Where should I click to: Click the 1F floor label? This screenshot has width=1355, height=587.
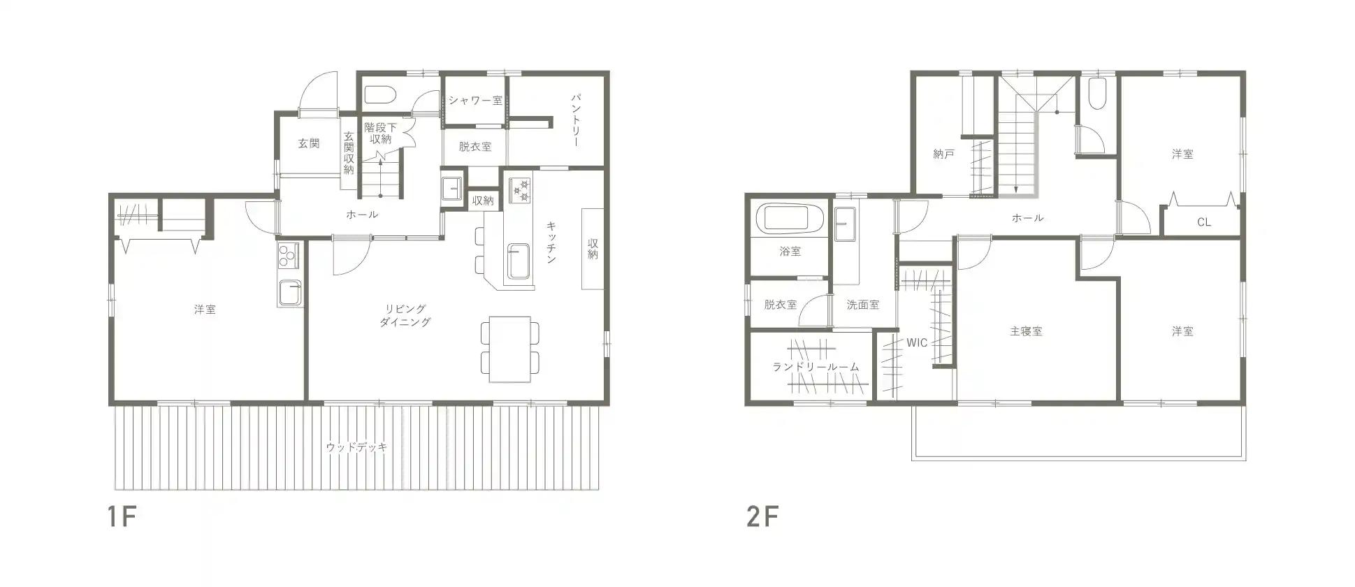point(120,517)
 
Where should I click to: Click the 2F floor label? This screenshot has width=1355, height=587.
point(762,517)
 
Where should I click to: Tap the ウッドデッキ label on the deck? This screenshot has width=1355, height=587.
point(356,447)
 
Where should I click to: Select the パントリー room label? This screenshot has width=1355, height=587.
point(575,119)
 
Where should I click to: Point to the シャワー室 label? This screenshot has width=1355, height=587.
point(475,101)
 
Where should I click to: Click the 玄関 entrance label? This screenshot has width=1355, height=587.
point(309,143)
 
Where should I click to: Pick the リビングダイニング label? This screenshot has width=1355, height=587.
point(405,315)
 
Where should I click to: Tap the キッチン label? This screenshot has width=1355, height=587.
point(551,242)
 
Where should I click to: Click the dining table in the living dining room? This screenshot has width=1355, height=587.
point(510,349)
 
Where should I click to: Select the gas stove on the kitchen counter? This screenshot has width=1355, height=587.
point(520,191)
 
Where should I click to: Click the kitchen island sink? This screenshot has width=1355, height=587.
point(518,262)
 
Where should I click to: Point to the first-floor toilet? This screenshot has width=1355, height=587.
point(380,94)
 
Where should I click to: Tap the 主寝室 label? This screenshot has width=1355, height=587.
point(1026,331)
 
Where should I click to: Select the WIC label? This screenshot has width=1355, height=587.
point(917,342)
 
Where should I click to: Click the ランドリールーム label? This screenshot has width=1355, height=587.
point(816,367)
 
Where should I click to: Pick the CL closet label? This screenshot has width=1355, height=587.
point(1203,223)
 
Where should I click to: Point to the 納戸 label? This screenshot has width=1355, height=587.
point(943,154)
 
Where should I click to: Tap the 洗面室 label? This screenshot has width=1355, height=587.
point(863,305)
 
